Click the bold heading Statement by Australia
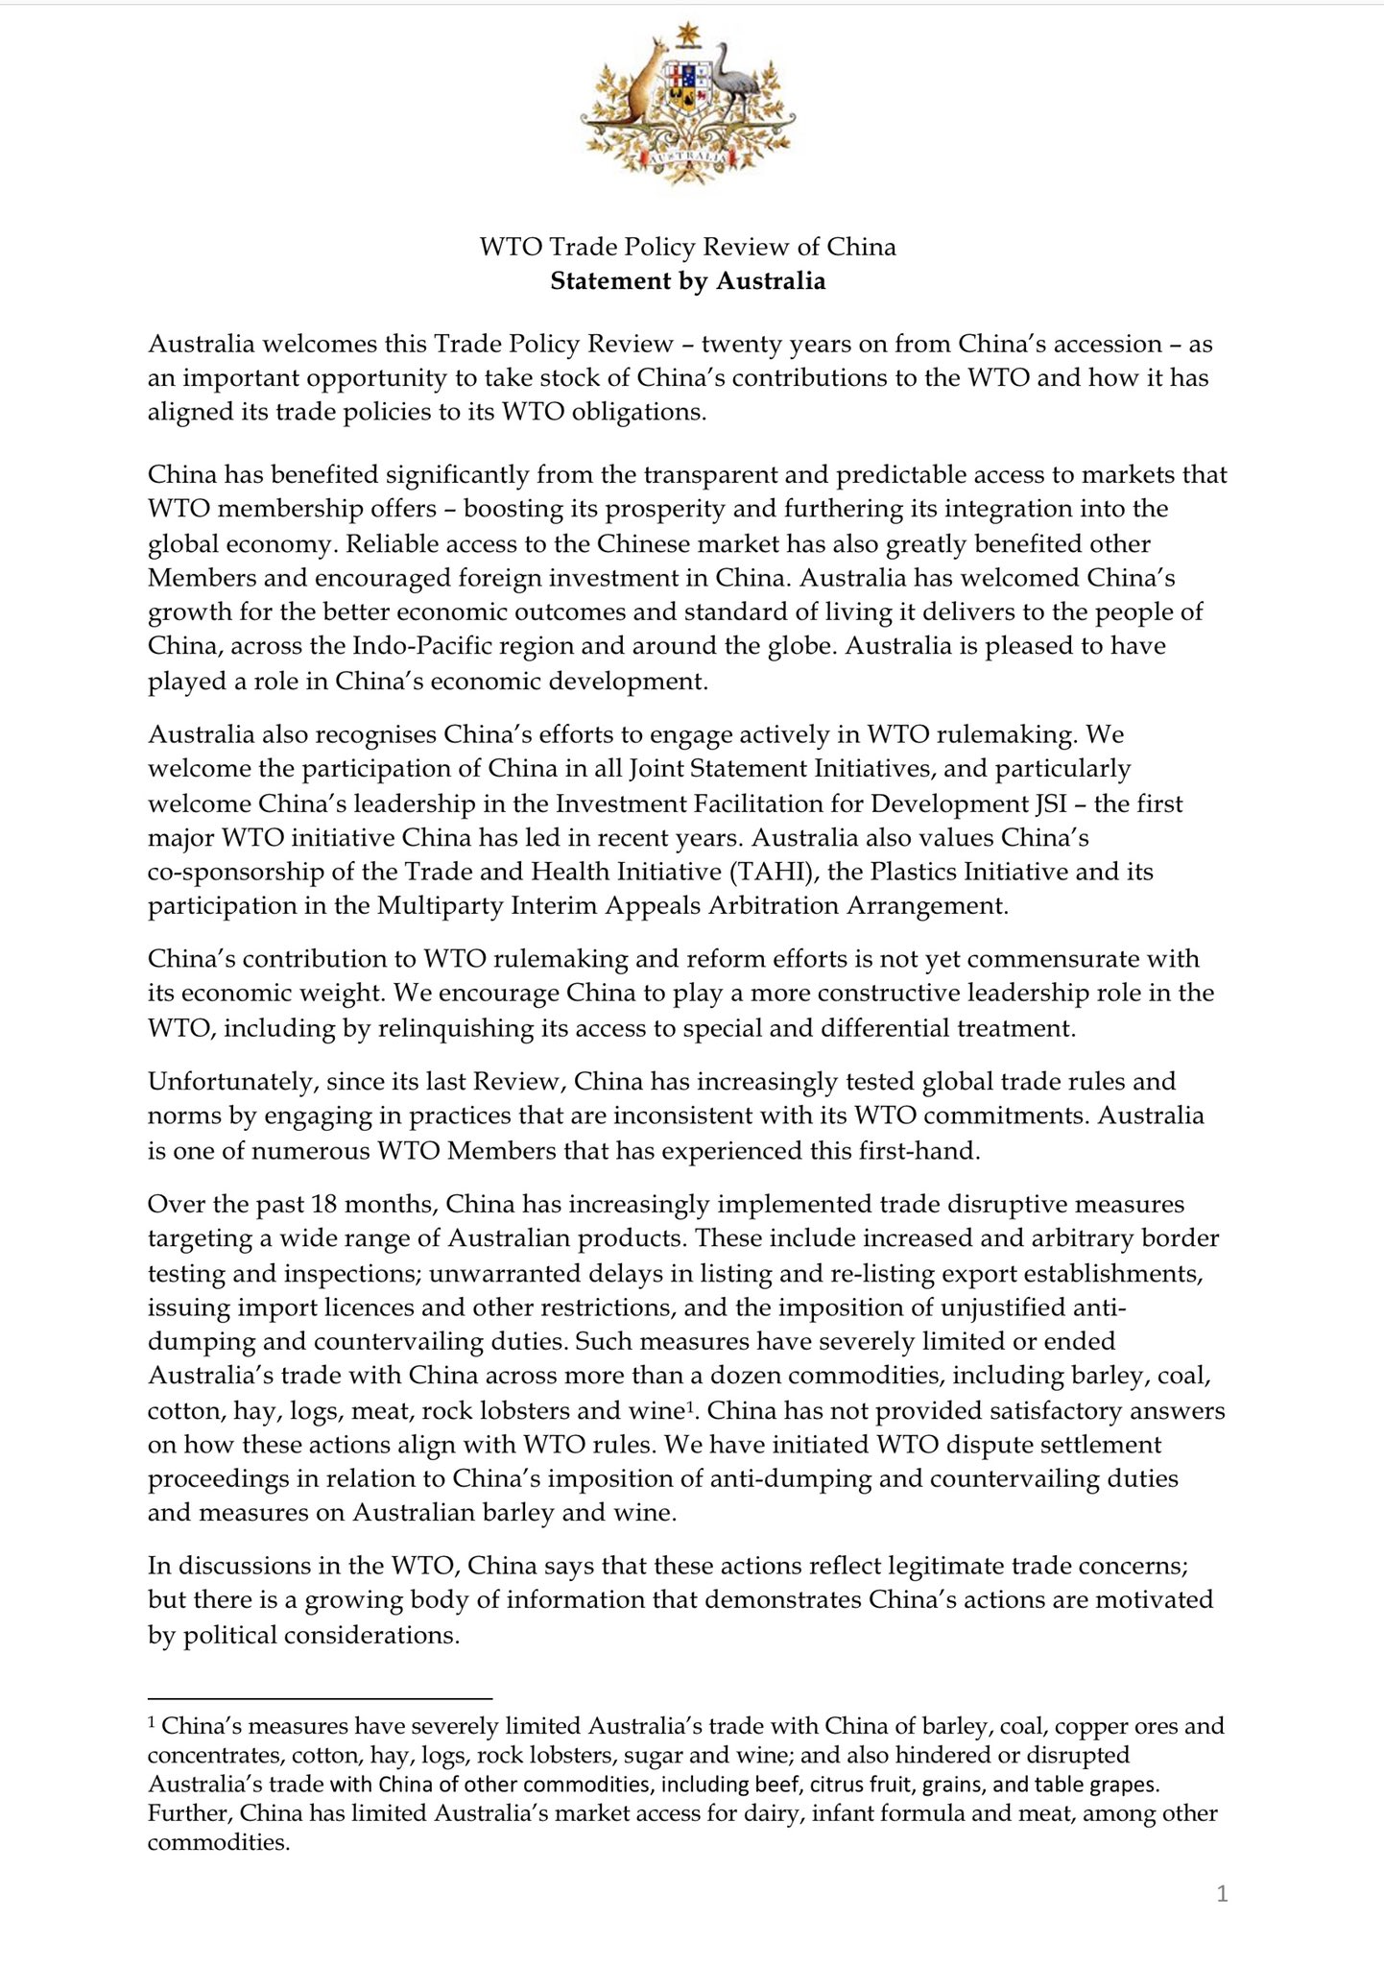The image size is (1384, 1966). pyautogui.click(x=687, y=281)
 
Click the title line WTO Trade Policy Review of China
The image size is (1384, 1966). pyautogui.click(x=687, y=247)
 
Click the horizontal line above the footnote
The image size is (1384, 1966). pyautogui.click(x=320, y=1697)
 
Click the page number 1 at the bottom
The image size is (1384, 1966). pyautogui.click(x=1222, y=1893)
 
